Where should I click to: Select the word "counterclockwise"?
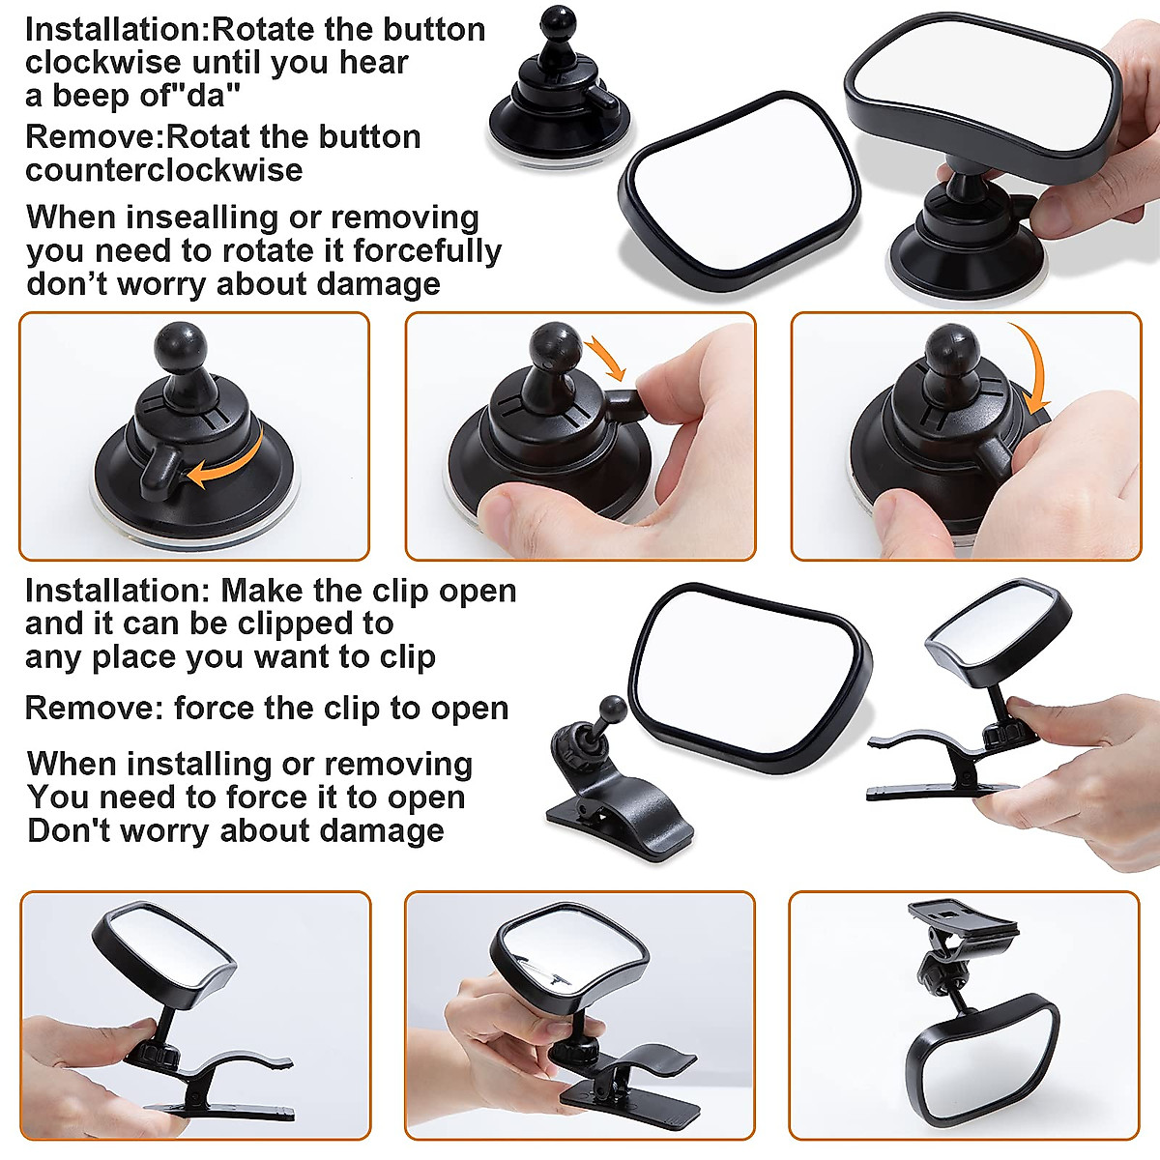163,170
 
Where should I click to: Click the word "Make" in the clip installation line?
257,591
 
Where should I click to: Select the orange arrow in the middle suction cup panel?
608,358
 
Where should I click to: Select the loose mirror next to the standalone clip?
748,678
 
